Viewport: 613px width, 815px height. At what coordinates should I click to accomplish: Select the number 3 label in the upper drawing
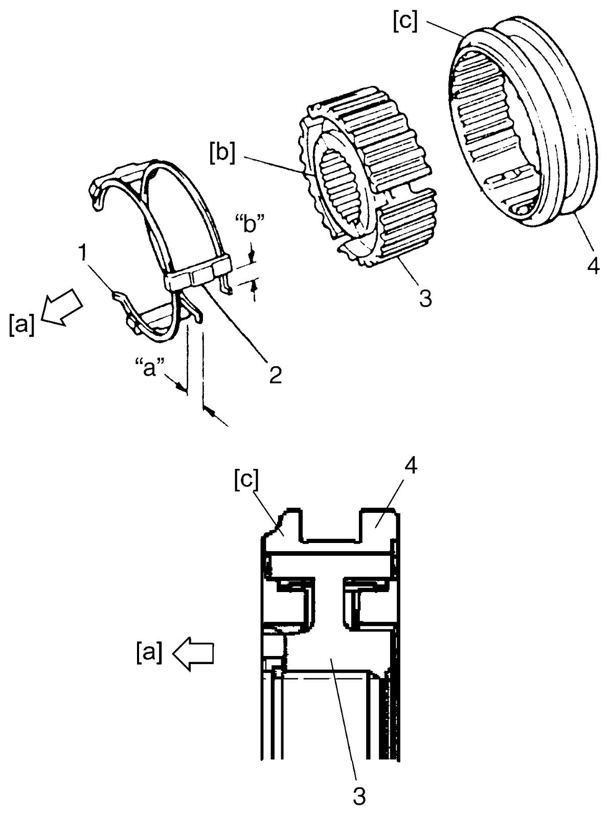click(425, 298)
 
